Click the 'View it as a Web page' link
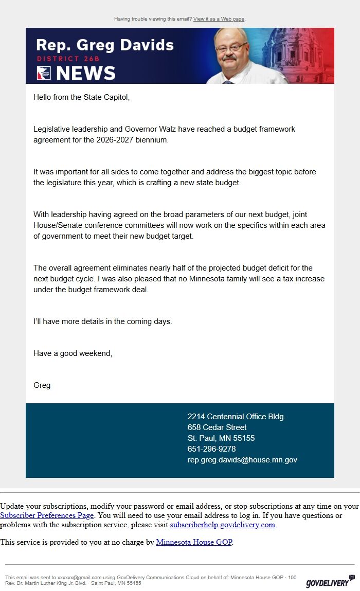pos(219,19)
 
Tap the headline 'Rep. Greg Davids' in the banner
pos(105,45)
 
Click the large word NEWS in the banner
pos(85,73)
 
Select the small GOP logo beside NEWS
pos(44,74)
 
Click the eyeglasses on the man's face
pos(231,48)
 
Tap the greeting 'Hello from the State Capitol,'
pos(81,97)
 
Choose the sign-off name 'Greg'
pos(42,385)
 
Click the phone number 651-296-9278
pos(211,449)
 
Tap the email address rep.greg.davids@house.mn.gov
pos(242,460)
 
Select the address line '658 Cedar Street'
pos(217,427)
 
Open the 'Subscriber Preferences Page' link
pos(47,515)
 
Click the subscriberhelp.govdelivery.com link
pos(223,525)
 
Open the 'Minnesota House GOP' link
pos(194,542)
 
